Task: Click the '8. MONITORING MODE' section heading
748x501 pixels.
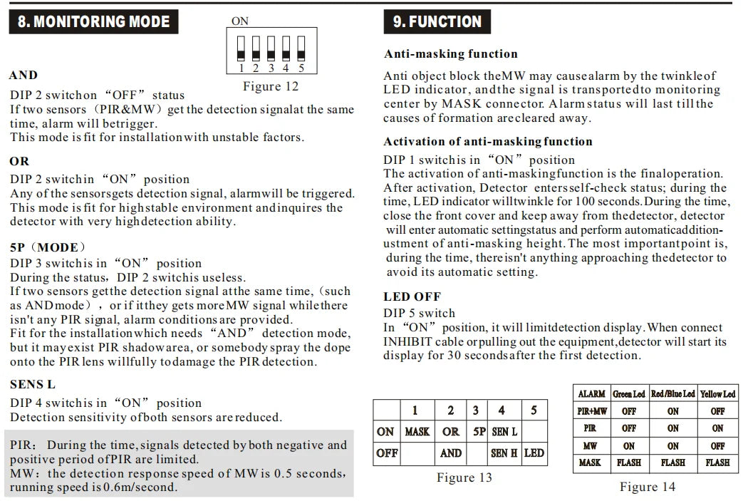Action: coord(94,21)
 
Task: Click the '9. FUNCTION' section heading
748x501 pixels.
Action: coord(437,21)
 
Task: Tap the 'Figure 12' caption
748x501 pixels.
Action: coord(271,86)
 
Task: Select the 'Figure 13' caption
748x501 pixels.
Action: coord(464,477)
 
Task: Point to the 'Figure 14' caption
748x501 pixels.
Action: coord(648,487)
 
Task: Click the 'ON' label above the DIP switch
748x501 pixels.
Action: coord(240,21)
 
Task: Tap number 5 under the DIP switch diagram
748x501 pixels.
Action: coord(301,68)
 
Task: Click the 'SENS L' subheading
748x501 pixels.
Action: coord(33,385)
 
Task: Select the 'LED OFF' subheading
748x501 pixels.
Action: coord(412,296)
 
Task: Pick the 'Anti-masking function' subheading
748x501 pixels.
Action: coord(451,54)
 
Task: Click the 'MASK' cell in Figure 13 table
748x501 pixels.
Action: coord(417,432)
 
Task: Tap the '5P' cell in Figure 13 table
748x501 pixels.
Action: coord(479,432)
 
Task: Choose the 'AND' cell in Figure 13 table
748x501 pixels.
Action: coord(450,453)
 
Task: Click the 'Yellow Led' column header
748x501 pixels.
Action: coord(717,394)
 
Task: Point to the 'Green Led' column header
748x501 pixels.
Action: coord(628,394)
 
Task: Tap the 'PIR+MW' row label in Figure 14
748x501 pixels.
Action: coord(591,411)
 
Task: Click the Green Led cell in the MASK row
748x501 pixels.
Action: coord(628,463)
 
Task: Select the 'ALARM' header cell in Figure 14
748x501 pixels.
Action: coord(591,394)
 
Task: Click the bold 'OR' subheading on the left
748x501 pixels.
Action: coord(20,161)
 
